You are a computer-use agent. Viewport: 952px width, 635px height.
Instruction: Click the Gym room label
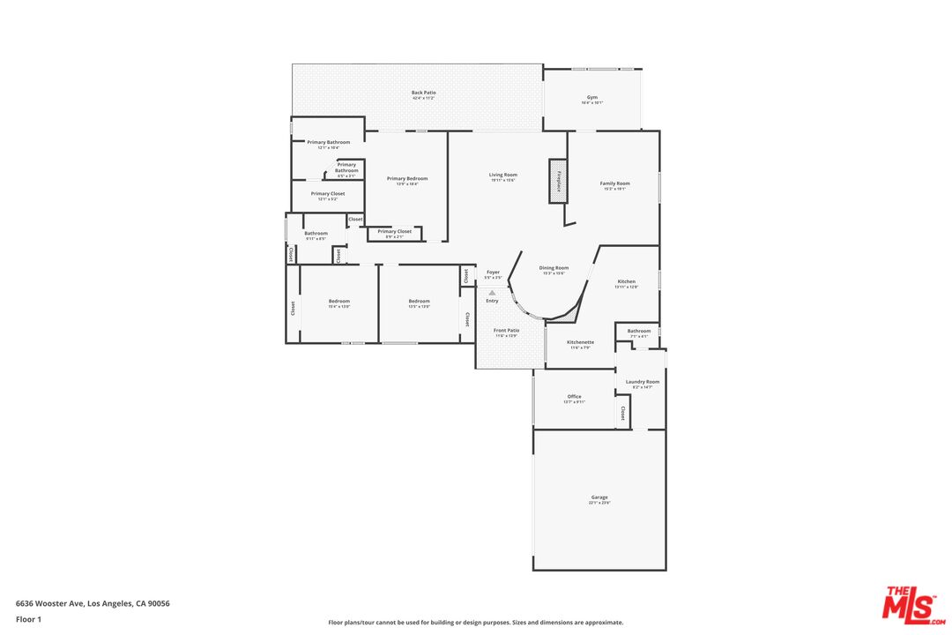click(592, 98)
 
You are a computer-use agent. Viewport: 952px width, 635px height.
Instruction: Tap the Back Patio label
click(423, 93)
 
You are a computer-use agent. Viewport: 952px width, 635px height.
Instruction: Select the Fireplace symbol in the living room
click(558, 181)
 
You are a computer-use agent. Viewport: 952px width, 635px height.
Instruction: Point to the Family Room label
click(614, 184)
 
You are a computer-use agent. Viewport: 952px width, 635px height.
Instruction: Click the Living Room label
click(503, 176)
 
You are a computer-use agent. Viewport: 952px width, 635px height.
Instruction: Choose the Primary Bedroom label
click(407, 179)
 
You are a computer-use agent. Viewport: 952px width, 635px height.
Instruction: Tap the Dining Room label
click(554, 269)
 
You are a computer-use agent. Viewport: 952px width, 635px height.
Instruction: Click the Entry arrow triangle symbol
click(492, 292)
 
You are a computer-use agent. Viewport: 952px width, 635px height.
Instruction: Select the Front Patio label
click(506, 332)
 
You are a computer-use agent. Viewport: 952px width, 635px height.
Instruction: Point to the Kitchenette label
click(580, 343)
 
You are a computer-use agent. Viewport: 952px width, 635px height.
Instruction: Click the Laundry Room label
click(643, 383)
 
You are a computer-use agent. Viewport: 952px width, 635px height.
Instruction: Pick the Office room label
click(574, 398)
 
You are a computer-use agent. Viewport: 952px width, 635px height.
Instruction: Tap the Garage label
click(599, 498)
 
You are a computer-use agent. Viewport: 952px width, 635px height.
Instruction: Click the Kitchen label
click(626, 282)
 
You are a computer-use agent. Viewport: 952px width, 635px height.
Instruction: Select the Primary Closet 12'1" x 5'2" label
click(327, 194)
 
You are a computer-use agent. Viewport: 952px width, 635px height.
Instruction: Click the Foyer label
click(493, 273)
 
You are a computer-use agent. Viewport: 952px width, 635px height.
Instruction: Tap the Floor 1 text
click(28, 619)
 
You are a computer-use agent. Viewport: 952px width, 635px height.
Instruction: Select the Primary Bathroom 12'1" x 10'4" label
click(328, 143)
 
